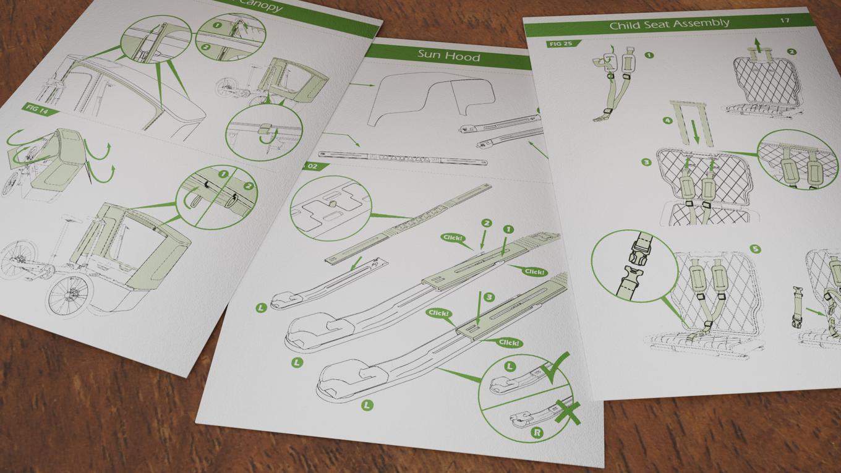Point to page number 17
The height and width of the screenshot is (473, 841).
point(784,20)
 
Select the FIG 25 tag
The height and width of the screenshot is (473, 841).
point(560,44)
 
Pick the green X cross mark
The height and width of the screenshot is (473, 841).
point(567,412)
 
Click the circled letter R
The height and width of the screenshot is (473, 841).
point(537,433)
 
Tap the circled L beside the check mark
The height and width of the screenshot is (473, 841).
point(510,366)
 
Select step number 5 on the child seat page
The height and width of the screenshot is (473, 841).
point(755,249)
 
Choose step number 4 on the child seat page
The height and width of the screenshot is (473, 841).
point(668,121)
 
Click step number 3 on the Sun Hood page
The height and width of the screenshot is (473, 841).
point(489,297)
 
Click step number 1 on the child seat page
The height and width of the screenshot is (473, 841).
point(649,55)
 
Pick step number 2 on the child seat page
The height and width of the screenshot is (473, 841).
point(792,52)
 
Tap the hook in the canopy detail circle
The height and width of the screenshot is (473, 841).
point(265,133)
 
